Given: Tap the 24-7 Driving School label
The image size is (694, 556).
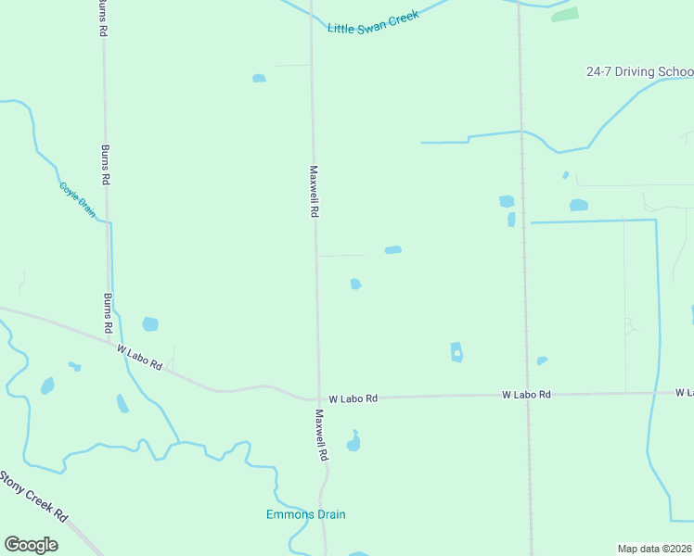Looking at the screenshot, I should pos(639,72).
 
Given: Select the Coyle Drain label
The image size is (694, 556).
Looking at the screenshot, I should pos(78,199).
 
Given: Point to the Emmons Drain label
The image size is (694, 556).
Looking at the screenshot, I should pos(299,514).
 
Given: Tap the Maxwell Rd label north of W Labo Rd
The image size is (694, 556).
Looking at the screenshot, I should pos(315,192).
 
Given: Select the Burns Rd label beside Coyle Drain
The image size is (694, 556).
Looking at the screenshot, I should pos(106,165).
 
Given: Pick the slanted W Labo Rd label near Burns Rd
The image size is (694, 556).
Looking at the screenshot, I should pos(139,358).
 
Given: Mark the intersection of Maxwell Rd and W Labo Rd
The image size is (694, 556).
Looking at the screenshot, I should pos(317,398).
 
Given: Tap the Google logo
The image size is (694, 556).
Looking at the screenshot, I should pos(31,545).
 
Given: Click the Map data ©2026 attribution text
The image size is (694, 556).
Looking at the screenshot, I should pos(654,549).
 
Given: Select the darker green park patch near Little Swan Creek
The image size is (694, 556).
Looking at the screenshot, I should pos(564,15).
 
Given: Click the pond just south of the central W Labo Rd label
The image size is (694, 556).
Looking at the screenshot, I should pos(353,443).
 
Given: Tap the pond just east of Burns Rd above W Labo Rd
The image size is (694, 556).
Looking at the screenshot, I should pos(149,324).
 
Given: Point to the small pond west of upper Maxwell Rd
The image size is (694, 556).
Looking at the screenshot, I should pos(259,78).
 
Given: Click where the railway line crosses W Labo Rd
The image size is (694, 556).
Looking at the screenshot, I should pos(529,395).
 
